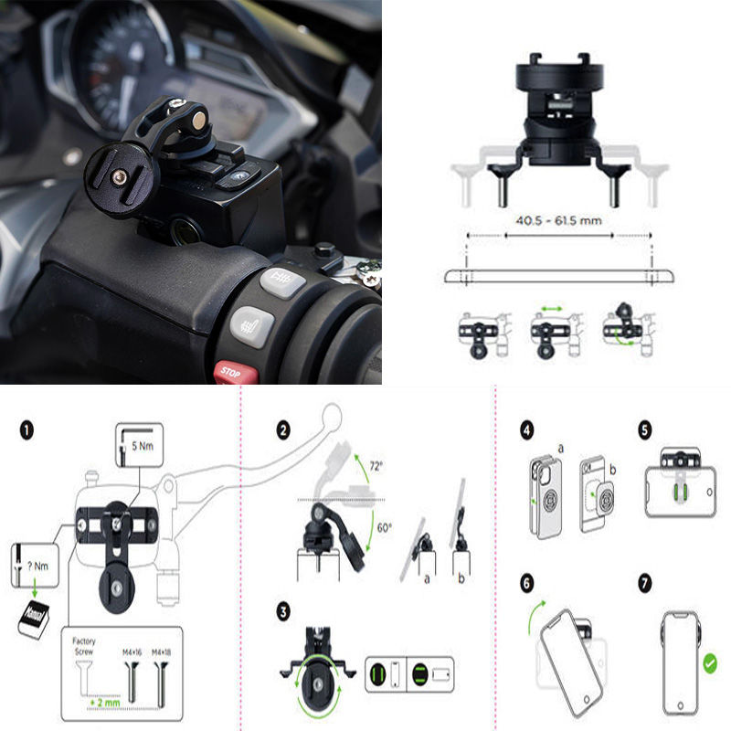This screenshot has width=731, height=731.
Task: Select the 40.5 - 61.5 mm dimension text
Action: point(558,219)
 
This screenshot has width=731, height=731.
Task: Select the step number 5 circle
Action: point(644,428)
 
